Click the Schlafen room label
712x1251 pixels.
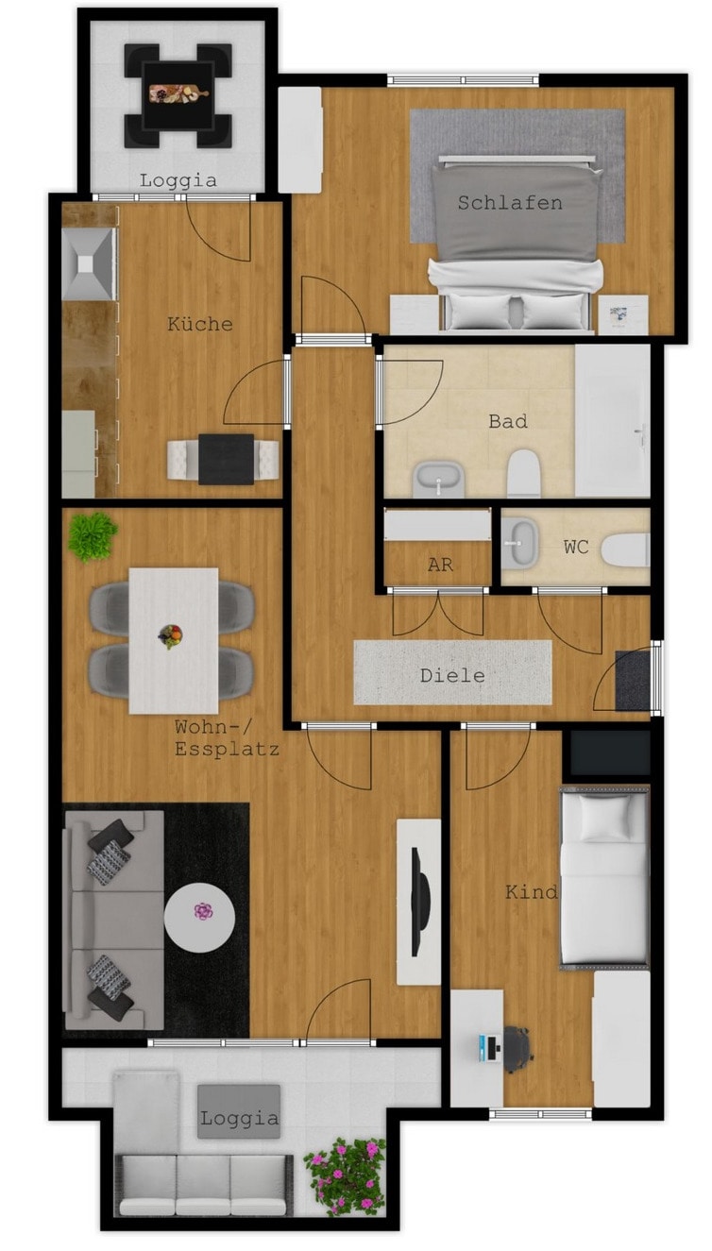tap(510, 203)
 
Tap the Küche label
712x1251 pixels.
tap(200, 323)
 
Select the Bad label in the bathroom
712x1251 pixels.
tap(508, 421)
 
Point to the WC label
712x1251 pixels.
tap(576, 547)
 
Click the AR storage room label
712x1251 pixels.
tap(440, 566)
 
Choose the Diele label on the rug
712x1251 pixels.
tap(452, 676)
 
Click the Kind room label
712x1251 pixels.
tap(531, 892)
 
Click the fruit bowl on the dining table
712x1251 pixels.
tap(171, 636)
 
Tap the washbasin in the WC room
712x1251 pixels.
tap(519, 542)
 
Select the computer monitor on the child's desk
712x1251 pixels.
tap(488, 1048)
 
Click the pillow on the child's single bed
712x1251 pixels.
tap(604, 819)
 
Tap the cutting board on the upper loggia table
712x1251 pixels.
tap(178, 93)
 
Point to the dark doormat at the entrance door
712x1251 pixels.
tap(633, 680)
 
